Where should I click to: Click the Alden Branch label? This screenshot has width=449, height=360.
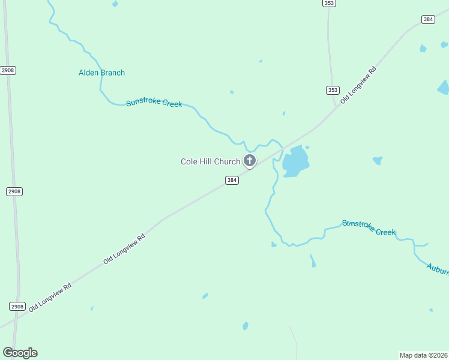click(101, 73)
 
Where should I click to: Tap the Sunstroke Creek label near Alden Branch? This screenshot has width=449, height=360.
click(154, 103)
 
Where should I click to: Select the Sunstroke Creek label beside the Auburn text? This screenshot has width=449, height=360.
click(369, 227)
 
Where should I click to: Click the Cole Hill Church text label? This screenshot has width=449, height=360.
click(210, 161)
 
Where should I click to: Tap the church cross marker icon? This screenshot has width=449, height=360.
click(249, 161)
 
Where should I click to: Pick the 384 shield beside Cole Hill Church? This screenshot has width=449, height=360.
click(232, 180)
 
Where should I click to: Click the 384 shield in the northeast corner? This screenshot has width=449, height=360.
click(427, 19)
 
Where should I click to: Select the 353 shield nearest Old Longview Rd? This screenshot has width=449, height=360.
click(333, 90)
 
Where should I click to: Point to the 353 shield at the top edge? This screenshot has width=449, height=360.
click(328, 3)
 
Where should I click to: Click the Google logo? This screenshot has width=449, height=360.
click(20, 353)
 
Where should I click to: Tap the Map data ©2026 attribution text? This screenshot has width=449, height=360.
click(424, 355)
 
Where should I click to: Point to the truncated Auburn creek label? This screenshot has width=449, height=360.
click(438, 268)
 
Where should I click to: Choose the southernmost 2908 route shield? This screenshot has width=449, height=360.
click(17, 306)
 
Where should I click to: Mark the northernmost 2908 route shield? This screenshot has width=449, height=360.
click(8, 70)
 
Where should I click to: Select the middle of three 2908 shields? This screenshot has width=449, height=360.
click(14, 191)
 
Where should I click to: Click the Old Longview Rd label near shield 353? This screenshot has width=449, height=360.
click(358, 85)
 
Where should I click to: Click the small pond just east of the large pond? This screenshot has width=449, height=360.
click(378, 160)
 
